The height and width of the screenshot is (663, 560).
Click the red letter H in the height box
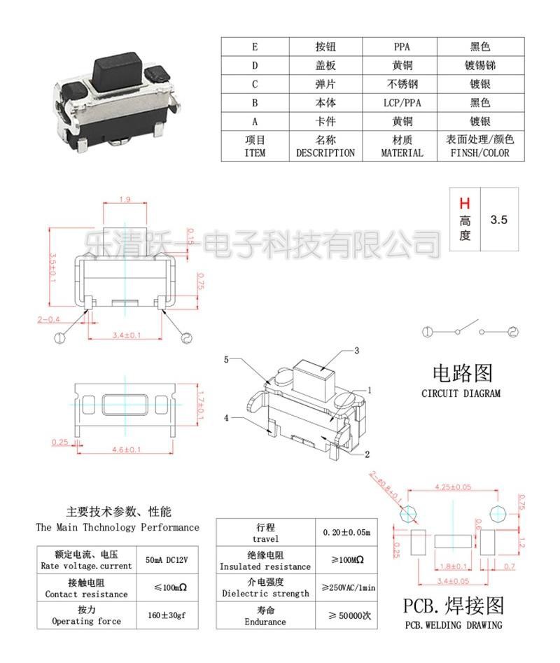coord(464,204)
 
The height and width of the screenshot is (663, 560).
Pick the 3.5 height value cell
coord(498,219)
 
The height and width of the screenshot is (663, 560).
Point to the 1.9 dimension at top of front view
coord(124,200)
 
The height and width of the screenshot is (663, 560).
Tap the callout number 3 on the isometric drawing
coord(356,351)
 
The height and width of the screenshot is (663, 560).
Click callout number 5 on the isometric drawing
coord(226,360)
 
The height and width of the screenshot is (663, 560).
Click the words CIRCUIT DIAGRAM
coord(461,393)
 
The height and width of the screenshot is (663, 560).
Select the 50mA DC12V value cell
coord(167,560)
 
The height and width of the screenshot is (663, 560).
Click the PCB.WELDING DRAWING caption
coord(453,625)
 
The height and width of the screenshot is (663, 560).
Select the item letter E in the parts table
coord(255,47)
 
